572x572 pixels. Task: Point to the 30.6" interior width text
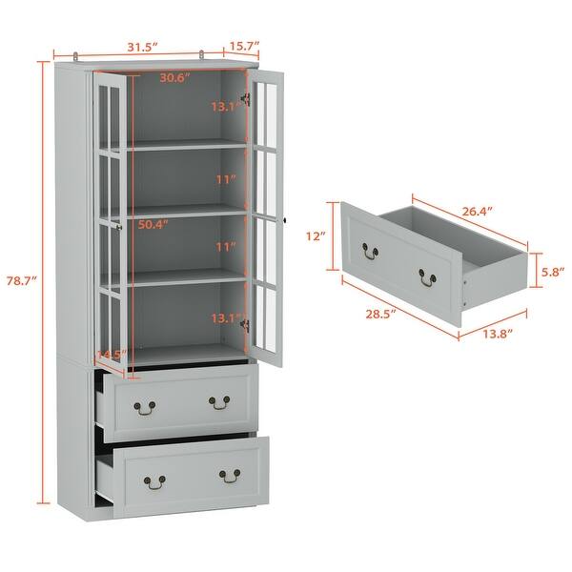tap(174, 78)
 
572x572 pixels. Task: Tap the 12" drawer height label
tap(317, 235)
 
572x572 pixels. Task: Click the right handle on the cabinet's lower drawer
tap(229, 473)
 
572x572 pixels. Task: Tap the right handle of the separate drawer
tap(425, 276)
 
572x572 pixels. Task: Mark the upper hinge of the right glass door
tap(247, 98)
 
